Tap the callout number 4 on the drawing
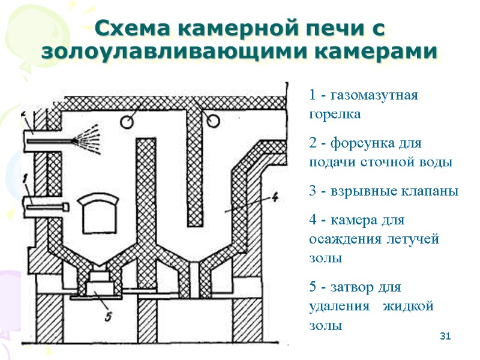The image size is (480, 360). click(274, 197)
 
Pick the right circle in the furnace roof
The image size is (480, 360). click(213, 122)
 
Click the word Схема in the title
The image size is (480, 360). click(131, 28)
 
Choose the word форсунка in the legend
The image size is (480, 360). click(361, 145)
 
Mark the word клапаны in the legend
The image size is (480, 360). click(427, 191)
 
